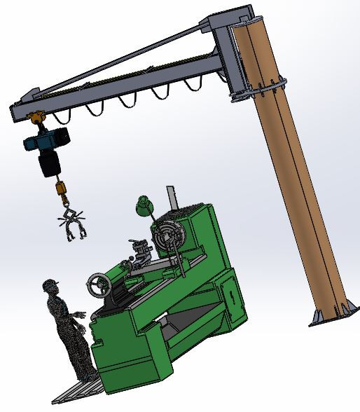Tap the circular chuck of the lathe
tap(169, 236)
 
